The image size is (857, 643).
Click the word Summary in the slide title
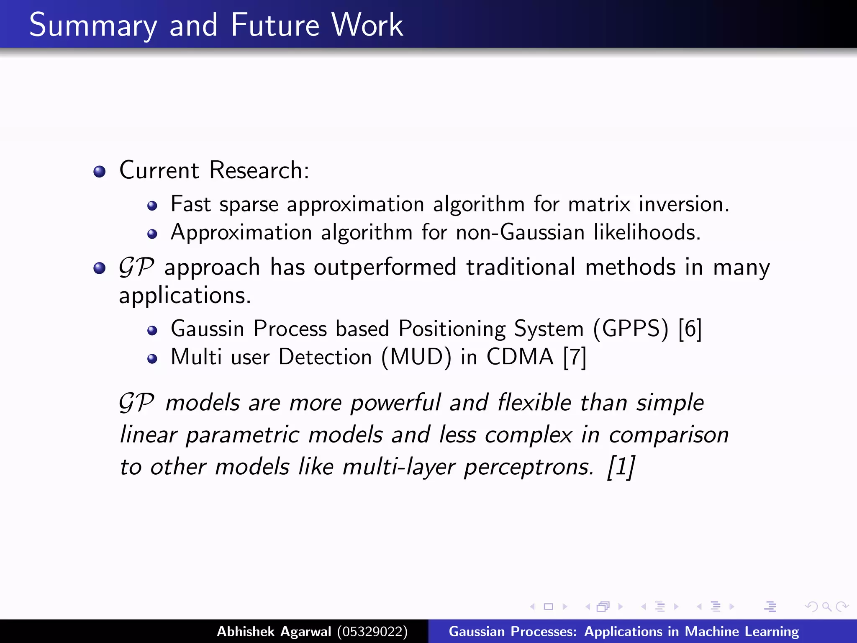point(93,26)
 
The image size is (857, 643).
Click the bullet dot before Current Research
point(100,172)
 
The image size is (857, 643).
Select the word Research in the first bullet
point(259,170)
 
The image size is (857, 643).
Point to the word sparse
point(249,205)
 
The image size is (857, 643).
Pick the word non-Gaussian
point(520,232)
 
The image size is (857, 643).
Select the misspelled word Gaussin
point(207,329)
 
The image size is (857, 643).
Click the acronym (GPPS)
point(631,329)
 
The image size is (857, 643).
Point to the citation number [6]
point(690,329)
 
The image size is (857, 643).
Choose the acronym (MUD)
point(416,358)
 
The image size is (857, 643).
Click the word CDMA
point(520,357)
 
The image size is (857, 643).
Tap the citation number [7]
point(575,358)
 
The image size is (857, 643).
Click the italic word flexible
point(534,403)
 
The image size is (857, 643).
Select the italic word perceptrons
point(529,467)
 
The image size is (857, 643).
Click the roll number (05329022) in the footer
point(372,631)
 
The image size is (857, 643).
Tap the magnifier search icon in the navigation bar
point(826,607)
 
